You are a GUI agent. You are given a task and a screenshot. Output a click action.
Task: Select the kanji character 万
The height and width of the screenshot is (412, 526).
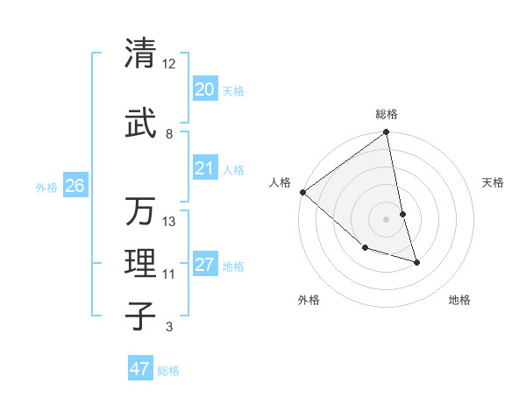point(141,212)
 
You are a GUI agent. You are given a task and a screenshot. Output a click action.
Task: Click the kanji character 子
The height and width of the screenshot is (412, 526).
point(141,316)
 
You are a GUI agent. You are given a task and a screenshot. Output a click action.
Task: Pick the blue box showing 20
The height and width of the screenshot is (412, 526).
point(204,89)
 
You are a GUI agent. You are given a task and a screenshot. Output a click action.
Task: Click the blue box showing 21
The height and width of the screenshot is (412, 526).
point(204,168)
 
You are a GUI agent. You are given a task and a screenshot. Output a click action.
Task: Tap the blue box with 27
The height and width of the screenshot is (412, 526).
point(204,265)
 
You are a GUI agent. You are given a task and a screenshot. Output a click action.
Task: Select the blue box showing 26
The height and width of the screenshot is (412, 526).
point(75,186)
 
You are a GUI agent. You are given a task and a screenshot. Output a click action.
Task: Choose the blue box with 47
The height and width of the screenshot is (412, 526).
point(140,369)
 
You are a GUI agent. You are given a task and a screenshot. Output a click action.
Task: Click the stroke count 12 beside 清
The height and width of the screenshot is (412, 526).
point(169,64)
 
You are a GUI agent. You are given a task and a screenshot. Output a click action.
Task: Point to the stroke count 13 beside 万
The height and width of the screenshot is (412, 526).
point(169,222)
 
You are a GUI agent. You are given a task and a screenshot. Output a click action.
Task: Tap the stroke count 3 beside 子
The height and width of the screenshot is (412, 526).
point(169,327)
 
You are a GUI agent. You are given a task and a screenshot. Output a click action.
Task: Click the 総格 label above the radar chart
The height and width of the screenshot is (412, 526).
point(387,114)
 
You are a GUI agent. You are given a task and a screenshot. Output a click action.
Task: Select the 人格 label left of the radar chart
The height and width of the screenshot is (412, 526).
point(281,182)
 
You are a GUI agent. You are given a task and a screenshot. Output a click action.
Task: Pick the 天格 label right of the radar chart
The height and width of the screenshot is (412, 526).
point(494,182)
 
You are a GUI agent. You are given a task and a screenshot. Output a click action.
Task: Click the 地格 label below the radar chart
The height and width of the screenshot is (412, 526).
point(459,300)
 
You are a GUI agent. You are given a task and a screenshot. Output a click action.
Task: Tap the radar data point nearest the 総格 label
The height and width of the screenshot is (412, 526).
point(387,133)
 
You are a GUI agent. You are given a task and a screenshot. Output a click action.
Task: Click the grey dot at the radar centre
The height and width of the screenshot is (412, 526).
point(387,219)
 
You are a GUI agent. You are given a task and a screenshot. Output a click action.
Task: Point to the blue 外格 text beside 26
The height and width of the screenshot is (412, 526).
point(46,187)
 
